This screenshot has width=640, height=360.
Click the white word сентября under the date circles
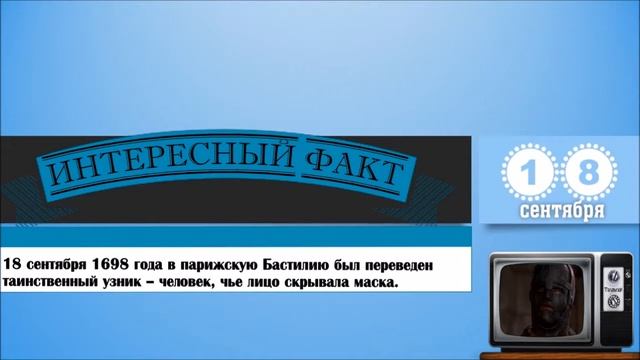pos(561,213)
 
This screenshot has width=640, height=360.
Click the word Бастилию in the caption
pos(298,264)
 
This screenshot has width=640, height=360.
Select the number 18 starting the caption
pos(13,264)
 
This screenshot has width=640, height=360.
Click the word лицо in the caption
pos(258,284)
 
